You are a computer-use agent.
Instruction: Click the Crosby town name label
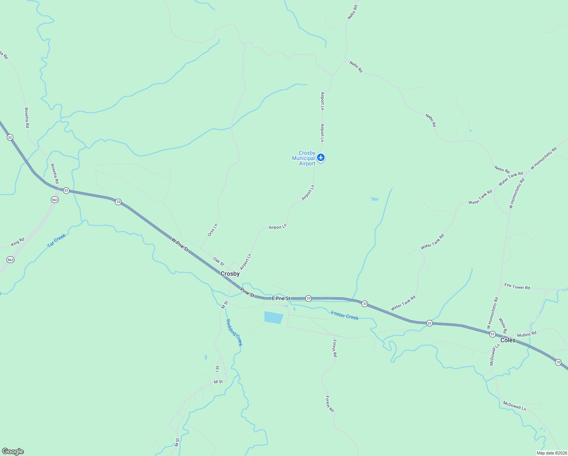230,274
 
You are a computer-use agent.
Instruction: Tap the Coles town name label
508,340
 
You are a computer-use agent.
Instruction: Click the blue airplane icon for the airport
321,157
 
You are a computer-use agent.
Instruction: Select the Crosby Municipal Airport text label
304,158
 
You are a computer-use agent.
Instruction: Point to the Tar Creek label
57,241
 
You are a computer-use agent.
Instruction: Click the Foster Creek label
344,315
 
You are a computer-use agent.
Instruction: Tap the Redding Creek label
234,332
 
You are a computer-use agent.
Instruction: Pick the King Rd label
17,242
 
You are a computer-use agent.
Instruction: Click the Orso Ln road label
213,230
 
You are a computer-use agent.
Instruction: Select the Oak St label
219,261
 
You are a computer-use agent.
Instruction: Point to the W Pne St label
180,244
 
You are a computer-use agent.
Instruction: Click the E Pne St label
281,299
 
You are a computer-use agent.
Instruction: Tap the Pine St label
247,292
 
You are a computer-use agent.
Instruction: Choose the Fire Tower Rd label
517,287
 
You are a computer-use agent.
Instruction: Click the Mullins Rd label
527,334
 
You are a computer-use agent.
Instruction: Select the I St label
218,369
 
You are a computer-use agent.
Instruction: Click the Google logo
13,451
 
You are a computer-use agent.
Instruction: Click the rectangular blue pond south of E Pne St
273,317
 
